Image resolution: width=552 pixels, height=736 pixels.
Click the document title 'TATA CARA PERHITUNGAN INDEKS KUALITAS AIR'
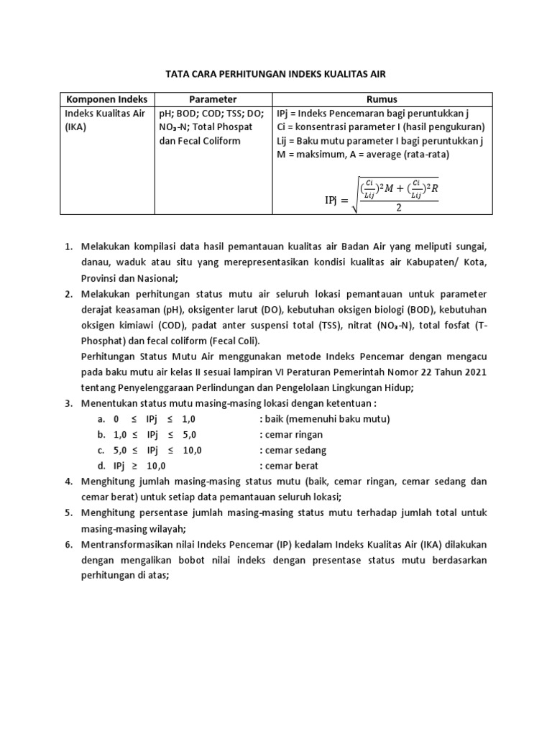[276, 74]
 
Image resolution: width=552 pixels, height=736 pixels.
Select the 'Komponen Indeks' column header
[107, 99]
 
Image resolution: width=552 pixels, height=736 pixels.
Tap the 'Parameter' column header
[213, 99]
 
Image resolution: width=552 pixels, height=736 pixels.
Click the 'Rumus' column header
[382, 99]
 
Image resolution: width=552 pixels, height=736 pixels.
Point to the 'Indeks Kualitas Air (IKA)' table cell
[105, 120]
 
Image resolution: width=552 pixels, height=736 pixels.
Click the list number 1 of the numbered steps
[68, 247]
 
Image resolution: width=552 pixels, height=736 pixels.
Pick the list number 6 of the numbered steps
[68, 544]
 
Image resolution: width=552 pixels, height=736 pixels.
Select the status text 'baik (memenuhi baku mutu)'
[327, 419]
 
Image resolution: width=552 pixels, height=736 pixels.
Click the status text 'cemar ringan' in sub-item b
[294, 435]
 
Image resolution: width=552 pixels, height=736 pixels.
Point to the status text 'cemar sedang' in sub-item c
[295, 451]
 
